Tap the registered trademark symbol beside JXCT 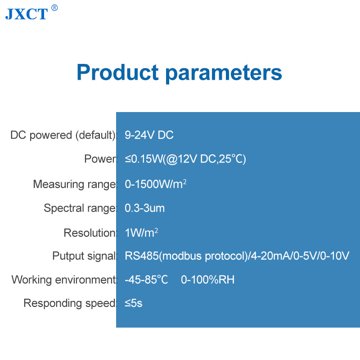point(54,8)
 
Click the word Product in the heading point(117,72)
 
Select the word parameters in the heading point(224,73)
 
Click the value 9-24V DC point(149,135)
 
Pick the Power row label point(101,159)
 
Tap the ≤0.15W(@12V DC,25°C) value point(185,159)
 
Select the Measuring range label point(75,184)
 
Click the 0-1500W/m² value point(155,184)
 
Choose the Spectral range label point(81,208)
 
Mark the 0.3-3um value point(144,208)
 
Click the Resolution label point(90,233)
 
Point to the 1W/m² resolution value point(141,233)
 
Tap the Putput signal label point(85,256)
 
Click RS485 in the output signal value point(142,256)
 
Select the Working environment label point(64,279)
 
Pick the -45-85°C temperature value point(146,279)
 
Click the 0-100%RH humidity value point(208,279)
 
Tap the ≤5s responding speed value point(133,303)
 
